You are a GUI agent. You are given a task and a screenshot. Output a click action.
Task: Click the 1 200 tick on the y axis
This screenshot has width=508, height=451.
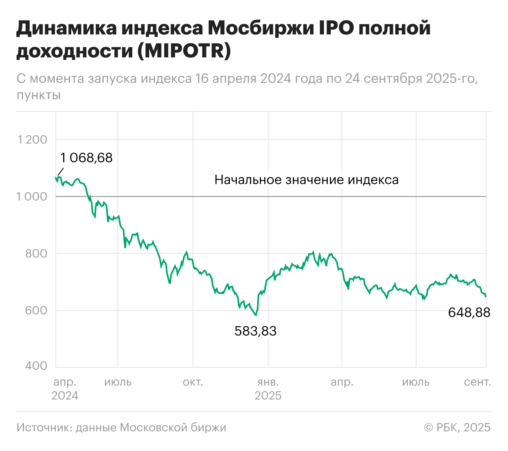32,140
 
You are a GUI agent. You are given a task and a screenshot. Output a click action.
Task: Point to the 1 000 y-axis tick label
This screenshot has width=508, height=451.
32,197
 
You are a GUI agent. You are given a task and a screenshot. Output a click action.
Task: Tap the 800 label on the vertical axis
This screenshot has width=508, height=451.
36,254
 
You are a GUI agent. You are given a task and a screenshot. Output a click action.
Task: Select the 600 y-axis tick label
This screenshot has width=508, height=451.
36,310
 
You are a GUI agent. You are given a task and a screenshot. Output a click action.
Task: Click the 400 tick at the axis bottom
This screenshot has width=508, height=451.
36,366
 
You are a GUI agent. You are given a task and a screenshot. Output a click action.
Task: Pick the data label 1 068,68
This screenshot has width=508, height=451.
86,158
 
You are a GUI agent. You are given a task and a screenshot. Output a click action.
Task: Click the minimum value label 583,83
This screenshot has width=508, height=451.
255,331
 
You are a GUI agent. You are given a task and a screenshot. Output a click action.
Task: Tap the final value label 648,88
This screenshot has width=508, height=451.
469,313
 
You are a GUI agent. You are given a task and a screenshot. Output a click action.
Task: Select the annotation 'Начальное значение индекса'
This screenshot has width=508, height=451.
306,180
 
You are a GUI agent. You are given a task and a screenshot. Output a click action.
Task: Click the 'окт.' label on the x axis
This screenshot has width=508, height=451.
193,382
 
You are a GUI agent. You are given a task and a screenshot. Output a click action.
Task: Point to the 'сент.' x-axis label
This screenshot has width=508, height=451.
477,382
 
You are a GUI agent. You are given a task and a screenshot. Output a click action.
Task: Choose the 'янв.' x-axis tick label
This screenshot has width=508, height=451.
268,382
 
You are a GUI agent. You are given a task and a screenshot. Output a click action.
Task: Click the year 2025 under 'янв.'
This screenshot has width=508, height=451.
268,396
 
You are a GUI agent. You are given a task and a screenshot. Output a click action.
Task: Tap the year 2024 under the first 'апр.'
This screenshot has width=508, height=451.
65,396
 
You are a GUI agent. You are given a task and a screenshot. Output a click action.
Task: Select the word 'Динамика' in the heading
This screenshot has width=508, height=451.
66,28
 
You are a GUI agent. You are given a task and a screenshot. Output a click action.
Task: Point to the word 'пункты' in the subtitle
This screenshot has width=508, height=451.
39,95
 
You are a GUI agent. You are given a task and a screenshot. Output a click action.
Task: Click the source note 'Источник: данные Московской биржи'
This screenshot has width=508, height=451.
121,428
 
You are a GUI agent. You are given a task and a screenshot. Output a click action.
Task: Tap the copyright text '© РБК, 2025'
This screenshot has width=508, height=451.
457,428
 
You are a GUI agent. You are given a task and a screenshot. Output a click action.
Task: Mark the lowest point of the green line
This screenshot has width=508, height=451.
256,315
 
